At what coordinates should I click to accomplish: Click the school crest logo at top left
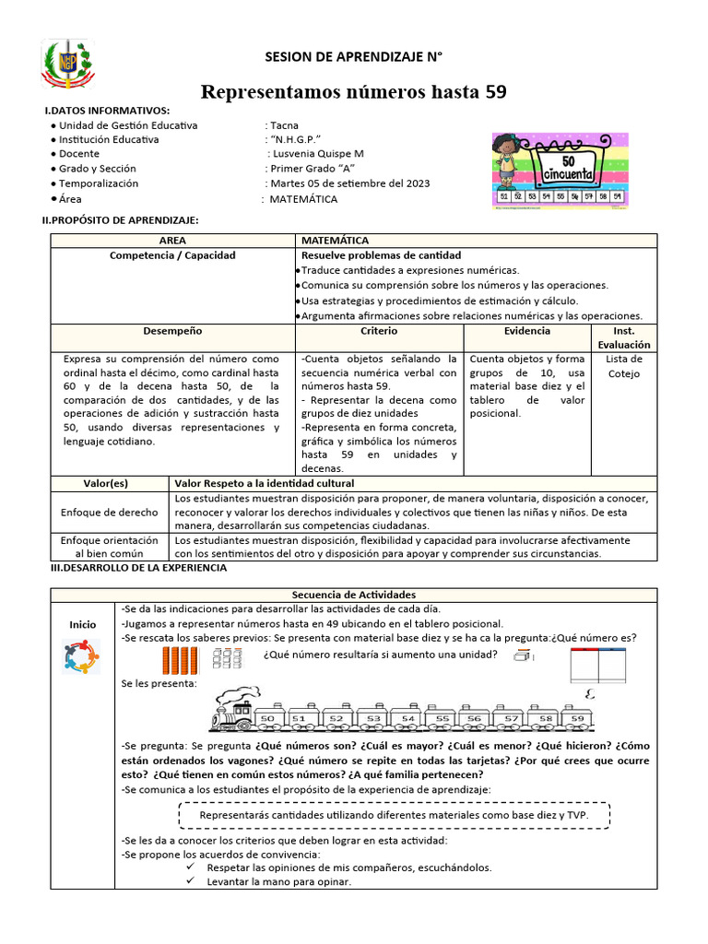click(68, 66)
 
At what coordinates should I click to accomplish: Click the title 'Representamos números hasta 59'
click(353, 92)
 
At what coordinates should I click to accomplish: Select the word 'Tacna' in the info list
click(285, 125)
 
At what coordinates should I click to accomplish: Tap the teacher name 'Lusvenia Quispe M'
click(316, 154)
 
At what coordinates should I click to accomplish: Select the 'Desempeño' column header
click(172, 331)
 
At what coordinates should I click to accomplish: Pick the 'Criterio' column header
click(379, 331)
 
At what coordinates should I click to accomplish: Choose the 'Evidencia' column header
click(527, 331)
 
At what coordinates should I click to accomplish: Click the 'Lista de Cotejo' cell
click(624, 366)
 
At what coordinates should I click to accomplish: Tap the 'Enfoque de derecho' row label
click(109, 512)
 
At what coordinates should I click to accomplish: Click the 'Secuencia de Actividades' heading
click(353, 596)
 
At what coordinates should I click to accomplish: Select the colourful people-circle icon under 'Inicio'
click(81, 656)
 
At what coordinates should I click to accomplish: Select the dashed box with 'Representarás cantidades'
click(393, 816)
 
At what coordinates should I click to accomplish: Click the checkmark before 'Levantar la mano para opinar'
click(190, 882)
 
